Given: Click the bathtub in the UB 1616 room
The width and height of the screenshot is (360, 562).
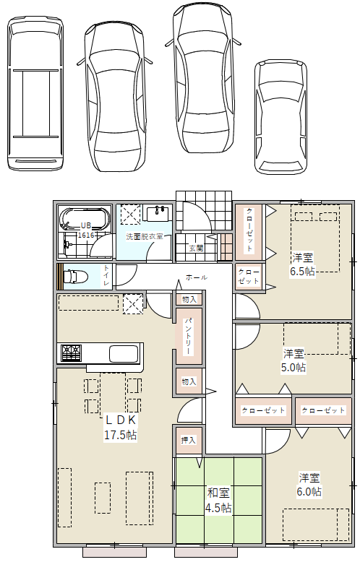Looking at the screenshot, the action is point(85,217).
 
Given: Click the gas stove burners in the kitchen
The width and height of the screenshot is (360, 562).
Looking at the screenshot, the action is point(71,353).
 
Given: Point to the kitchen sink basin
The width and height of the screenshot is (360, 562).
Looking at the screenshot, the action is point(124,354).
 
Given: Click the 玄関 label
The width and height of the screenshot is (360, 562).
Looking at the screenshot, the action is point(197,248).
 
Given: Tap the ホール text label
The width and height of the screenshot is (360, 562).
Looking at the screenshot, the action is point(196,277).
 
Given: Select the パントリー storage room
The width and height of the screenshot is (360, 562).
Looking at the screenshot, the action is point(189,336).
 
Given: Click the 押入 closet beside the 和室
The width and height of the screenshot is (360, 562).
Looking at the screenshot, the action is point(188,440).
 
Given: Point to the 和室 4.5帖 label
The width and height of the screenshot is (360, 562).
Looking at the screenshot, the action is point(218,500).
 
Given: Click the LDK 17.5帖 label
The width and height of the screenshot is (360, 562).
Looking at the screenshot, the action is point(120,427).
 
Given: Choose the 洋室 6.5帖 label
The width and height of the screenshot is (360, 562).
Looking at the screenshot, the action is point(302,264).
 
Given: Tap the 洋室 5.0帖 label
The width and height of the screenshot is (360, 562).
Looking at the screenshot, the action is point(293,360).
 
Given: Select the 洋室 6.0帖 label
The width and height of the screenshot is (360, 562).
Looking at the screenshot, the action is point(309,484).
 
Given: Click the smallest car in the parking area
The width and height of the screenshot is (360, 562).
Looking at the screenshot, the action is point(280,117).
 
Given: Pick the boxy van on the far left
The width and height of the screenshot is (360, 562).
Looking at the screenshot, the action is point(35,94).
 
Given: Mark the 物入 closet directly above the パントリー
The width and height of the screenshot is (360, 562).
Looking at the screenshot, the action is point(189,299).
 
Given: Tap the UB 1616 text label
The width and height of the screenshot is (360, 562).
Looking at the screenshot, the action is point(86,230).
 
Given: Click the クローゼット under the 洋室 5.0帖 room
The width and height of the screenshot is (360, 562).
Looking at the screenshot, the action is point(263,410).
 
